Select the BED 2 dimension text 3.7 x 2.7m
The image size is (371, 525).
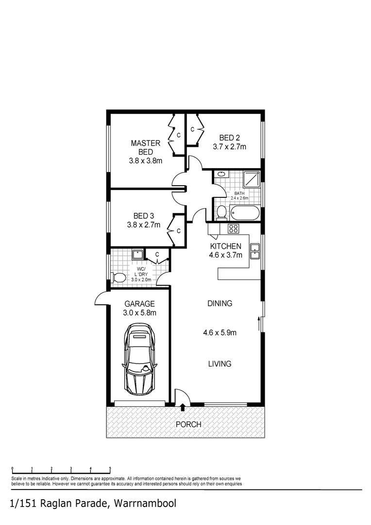pyautogui.click(x=229, y=146)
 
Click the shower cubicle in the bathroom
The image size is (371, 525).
pyautogui.click(x=251, y=180)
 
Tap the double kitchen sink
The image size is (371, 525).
pyautogui.click(x=255, y=251)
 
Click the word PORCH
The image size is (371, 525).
pyautogui.click(x=188, y=424)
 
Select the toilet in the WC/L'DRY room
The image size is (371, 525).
pyautogui.click(x=117, y=278)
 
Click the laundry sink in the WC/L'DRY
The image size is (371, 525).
pyautogui.click(x=137, y=254)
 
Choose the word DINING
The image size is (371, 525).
pyautogui.click(x=219, y=303)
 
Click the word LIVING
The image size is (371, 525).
pyautogui.click(x=219, y=364)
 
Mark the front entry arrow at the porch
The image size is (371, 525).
pyautogui.click(x=183, y=407)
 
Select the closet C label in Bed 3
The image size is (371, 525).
pyautogui.click(x=178, y=231)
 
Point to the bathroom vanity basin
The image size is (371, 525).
pyautogui.click(x=221, y=174)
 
